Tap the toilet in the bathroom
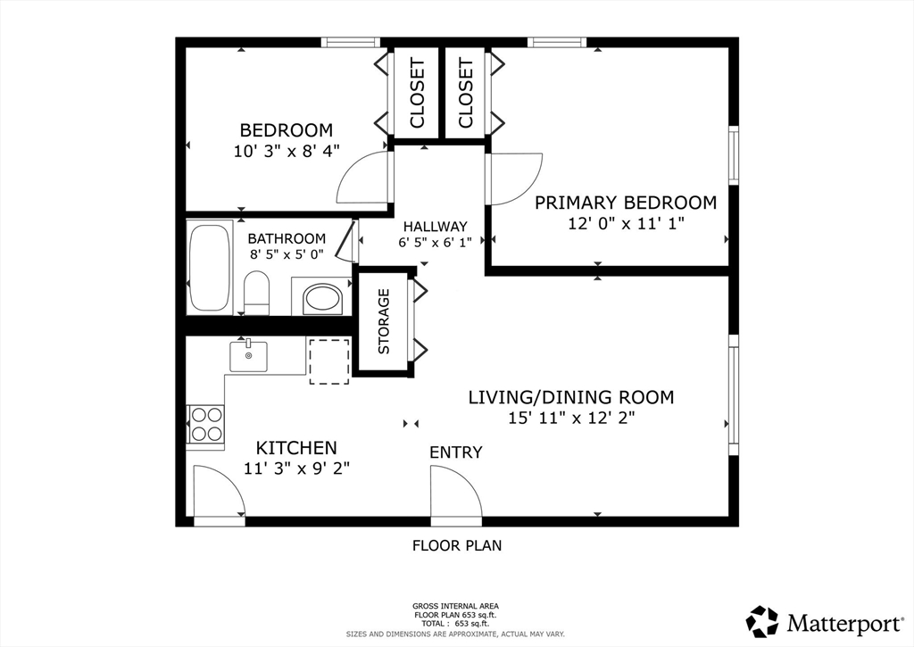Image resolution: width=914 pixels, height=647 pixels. (x=257, y=293)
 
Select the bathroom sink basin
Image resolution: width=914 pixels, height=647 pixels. (x=323, y=299)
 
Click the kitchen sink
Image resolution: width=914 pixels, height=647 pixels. (x=249, y=355)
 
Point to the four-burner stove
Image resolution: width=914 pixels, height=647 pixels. (x=205, y=424)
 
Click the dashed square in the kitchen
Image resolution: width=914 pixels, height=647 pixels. (x=329, y=361)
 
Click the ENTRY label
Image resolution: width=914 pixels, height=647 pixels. (x=456, y=452)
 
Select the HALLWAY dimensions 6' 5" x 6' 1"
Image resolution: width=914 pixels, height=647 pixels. (x=435, y=243)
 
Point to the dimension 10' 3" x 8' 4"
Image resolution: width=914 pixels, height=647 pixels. (x=287, y=151)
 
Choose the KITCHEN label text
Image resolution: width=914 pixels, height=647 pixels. (x=296, y=448)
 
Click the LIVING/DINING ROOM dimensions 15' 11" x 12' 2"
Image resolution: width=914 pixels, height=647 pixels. (x=570, y=418)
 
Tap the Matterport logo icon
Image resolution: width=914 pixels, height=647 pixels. (x=762, y=621)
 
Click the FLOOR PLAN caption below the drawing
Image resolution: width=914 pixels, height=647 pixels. (x=456, y=545)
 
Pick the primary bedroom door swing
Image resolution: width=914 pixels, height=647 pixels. (x=515, y=178)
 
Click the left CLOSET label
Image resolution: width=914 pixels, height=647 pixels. (x=417, y=93)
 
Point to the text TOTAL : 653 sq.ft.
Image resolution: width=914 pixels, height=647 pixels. (x=455, y=625)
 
